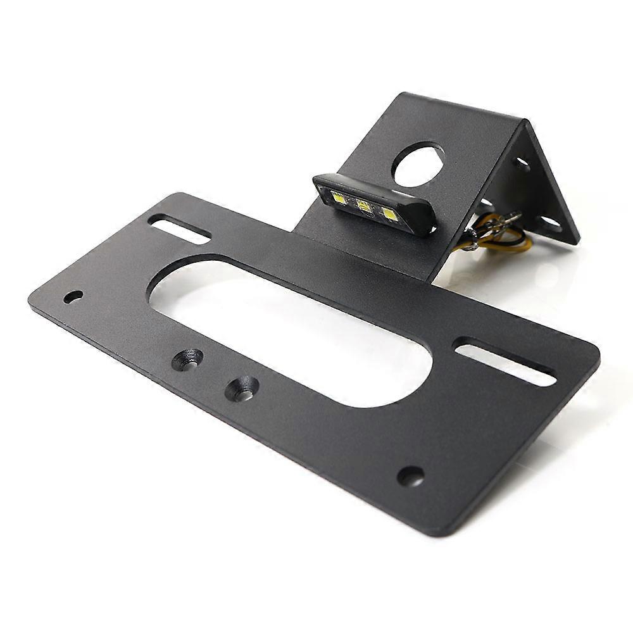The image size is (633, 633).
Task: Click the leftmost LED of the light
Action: click(x=339, y=199)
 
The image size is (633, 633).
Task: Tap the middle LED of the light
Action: click(x=363, y=206)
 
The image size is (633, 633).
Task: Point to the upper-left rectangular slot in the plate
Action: click(x=179, y=229)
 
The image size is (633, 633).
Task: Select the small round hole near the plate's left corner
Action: click(x=73, y=296)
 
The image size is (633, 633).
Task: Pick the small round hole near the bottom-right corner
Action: click(x=410, y=476)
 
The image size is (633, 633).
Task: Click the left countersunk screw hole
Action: click(x=188, y=360)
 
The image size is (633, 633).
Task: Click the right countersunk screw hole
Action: click(x=242, y=388)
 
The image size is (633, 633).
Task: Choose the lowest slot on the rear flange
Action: click(x=549, y=222)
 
